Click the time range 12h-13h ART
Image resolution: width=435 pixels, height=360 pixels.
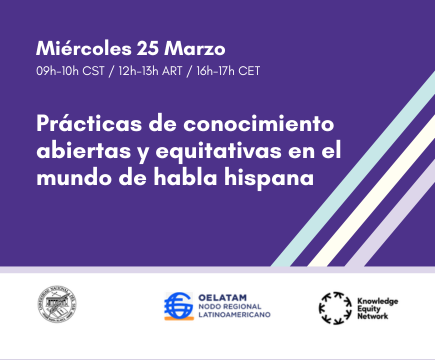tap(155, 71)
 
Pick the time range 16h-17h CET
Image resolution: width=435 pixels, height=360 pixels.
tap(238, 71)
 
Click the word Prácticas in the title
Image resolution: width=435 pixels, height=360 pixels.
tap(82, 128)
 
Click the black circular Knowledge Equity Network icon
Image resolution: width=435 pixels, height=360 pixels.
tap(334, 306)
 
